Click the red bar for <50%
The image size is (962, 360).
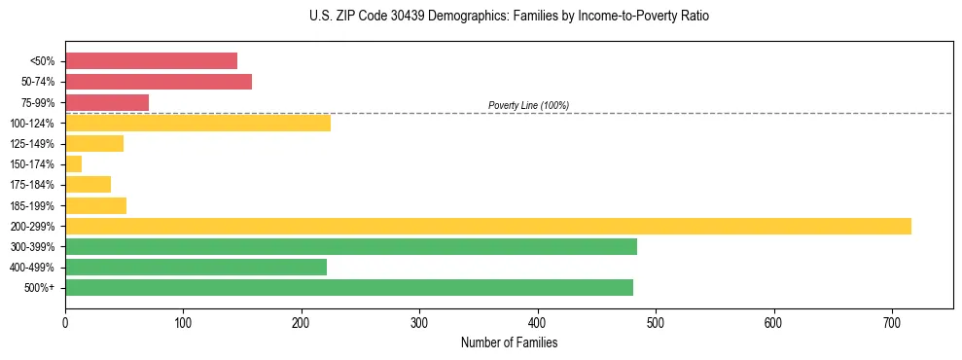pyautogui.click(x=151, y=61)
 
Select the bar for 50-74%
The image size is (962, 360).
pyautogui.click(x=159, y=82)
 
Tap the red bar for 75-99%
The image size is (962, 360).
pyautogui.click(x=107, y=102)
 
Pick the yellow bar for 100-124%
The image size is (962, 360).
pyautogui.click(x=197, y=123)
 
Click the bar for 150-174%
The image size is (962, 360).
pyautogui.click(x=74, y=164)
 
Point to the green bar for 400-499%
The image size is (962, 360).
pyautogui.click(x=196, y=267)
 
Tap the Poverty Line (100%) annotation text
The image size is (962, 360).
pyautogui.click(x=528, y=105)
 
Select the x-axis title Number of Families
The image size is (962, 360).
pyautogui.click(x=509, y=342)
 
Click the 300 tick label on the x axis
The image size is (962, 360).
pyautogui.click(x=419, y=322)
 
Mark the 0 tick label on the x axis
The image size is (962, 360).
pyautogui.click(x=65, y=322)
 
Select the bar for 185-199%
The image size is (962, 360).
pyautogui.click(x=95, y=205)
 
